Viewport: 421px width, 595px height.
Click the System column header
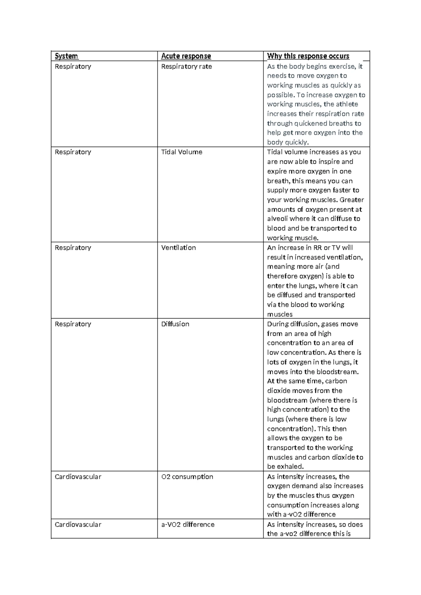click(x=67, y=56)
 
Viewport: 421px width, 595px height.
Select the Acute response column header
click(x=186, y=56)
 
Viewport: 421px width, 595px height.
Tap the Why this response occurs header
click(x=308, y=56)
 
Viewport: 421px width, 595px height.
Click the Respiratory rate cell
click(x=186, y=67)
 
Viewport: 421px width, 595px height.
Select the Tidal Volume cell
click(x=181, y=152)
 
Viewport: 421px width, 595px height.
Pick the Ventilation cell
click(x=178, y=248)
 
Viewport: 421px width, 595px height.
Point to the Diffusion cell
click(x=175, y=324)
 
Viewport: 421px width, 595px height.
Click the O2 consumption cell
click(x=187, y=477)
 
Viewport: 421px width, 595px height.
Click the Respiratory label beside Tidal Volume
click(x=73, y=152)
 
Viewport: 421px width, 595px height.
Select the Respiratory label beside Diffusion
click(x=73, y=324)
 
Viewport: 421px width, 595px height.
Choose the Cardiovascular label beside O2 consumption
click(x=78, y=477)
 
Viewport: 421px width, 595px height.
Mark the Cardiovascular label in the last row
click(x=78, y=524)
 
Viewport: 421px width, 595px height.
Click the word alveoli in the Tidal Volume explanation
click(x=278, y=219)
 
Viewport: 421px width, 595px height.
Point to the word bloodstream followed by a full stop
click(x=337, y=372)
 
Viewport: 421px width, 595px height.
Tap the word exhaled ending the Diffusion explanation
click(x=290, y=467)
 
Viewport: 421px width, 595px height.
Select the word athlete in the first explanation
click(x=347, y=104)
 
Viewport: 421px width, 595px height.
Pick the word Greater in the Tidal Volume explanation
click(x=352, y=200)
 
